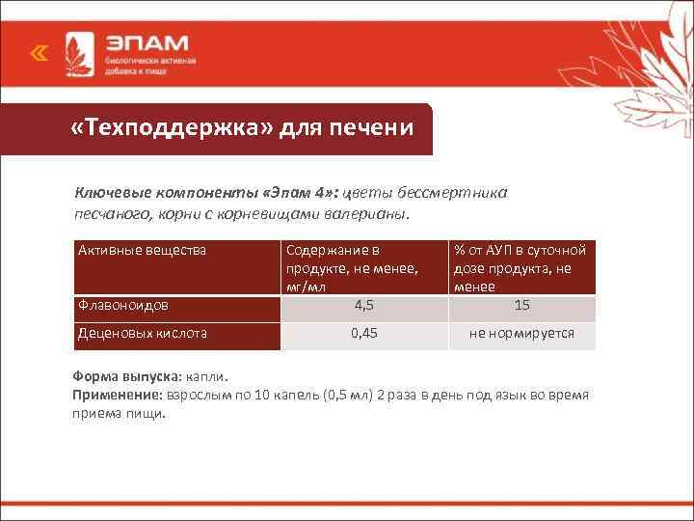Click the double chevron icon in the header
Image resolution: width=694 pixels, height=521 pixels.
click(38, 55)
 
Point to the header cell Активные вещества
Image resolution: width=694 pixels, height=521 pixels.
click(142, 251)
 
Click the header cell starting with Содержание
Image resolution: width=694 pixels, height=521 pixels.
click(351, 267)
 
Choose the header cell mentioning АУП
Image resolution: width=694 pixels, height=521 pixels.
click(520, 267)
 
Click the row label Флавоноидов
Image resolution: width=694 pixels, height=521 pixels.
click(122, 306)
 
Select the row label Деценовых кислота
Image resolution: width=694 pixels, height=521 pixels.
click(142, 334)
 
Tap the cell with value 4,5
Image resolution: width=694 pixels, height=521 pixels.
click(364, 306)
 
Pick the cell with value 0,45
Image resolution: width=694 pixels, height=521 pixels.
click(364, 334)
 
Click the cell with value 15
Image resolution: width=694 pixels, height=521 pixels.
click(521, 306)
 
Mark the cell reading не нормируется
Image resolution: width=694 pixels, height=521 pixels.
click(521, 334)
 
